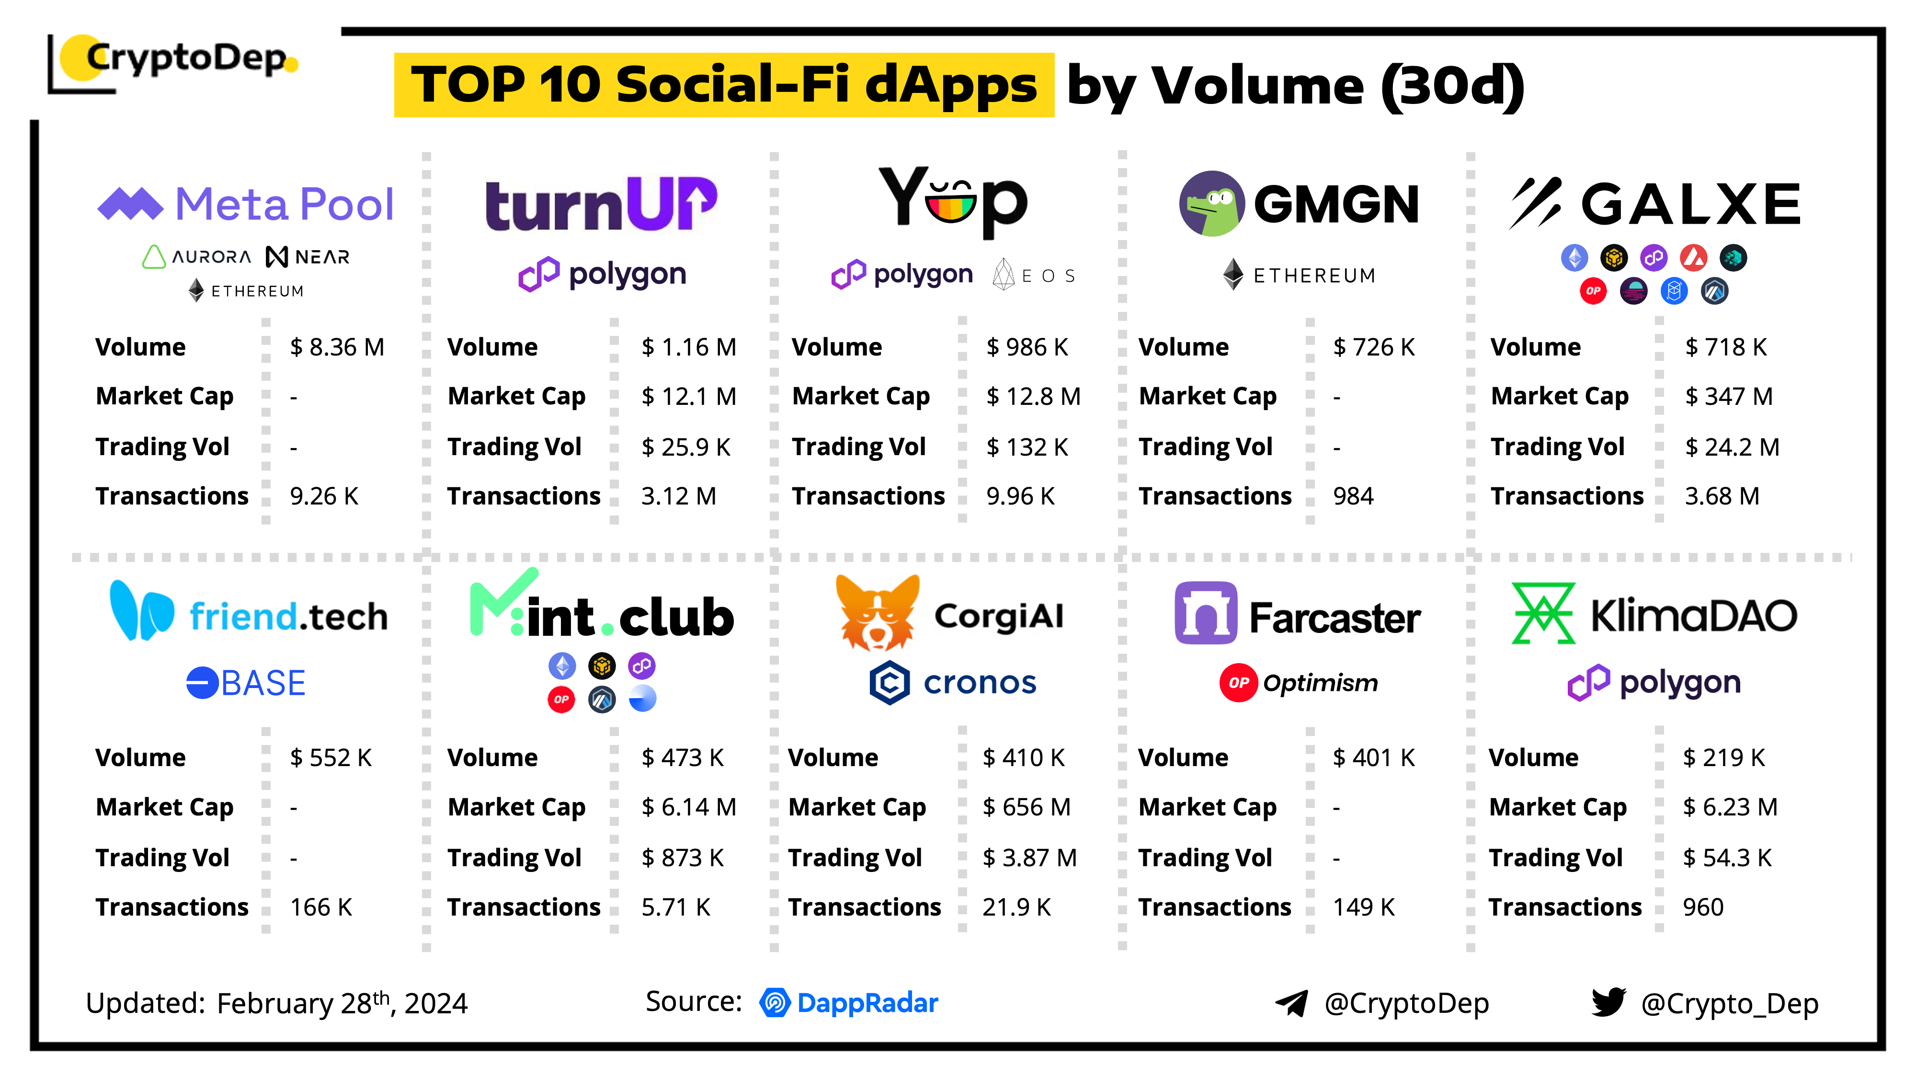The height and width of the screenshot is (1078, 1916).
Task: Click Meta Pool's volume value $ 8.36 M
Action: [x=337, y=347]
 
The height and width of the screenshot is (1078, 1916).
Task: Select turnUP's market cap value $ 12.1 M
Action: [x=689, y=397]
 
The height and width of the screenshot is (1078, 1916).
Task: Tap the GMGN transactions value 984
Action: [x=1353, y=496]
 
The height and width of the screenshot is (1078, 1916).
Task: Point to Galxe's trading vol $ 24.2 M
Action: [x=1732, y=447]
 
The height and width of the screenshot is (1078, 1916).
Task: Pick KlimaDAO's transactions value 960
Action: [x=1702, y=907]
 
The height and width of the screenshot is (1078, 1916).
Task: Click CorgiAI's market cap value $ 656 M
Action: [x=1026, y=807]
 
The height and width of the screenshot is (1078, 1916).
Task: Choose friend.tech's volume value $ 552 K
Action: [x=330, y=757]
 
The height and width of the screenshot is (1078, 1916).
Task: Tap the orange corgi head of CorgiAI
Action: [x=877, y=612]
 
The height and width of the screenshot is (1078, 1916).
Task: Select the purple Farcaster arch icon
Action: [x=1205, y=613]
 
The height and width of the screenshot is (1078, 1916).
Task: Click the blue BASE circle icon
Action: [x=202, y=683]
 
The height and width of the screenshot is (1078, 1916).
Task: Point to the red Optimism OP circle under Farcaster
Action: [x=1238, y=683]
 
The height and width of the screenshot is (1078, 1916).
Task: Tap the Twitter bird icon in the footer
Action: [x=1608, y=1002]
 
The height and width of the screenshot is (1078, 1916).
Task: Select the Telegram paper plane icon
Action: [x=1292, y=1003]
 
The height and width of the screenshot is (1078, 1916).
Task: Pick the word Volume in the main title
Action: [x=1257, y=86]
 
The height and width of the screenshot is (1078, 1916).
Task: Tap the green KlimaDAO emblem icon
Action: [x=1542, y=613]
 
